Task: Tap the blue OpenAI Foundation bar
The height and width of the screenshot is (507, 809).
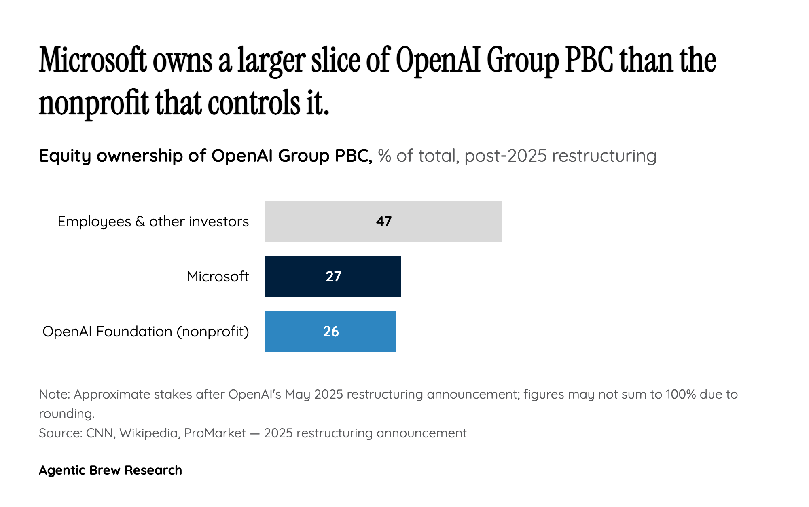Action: (364, 332)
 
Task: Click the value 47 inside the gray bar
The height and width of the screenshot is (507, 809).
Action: (383, 222)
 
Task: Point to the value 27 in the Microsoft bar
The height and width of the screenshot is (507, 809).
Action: (333, 277)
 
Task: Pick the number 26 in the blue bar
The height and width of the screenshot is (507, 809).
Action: (331, 332)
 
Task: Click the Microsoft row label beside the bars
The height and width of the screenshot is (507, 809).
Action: (218, 277)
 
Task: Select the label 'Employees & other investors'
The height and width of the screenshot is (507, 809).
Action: (153, 222)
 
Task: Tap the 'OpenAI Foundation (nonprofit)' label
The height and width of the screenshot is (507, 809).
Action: (146, 332)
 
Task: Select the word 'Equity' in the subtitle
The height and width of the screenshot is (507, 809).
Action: (65, 156)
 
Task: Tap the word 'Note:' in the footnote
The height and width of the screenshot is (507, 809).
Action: (55, 394)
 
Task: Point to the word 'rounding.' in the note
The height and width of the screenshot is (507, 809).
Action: (67, 414)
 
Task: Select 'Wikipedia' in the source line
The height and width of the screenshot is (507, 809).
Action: (148, 433)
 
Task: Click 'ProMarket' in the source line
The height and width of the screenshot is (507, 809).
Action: (215, 433)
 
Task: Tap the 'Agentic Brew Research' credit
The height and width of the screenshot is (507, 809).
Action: (110, 470)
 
